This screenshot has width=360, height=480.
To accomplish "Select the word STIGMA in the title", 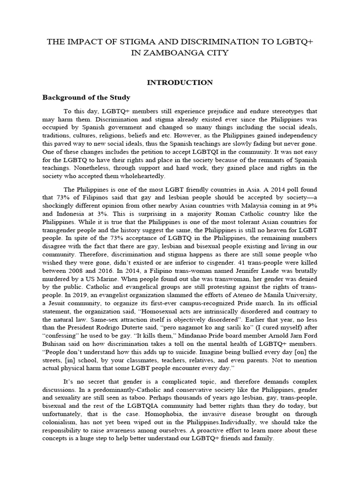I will [123, 42].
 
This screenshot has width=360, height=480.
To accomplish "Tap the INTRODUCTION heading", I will [180, 82].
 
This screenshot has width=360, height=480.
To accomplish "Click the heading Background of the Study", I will [86, 97].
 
